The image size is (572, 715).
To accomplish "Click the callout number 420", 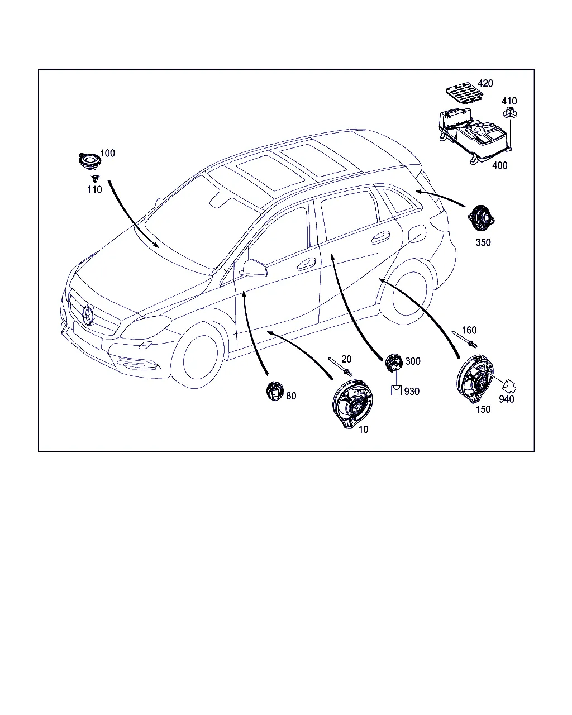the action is pyautogui.click(x=485, y=83).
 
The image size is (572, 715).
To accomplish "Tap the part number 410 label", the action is pyautogui.click(x=509, y=101).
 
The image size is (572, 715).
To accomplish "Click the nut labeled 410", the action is pyautogui.click(x=510, y=113).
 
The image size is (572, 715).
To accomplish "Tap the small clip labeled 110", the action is pyautogui.click(x=96, y=178).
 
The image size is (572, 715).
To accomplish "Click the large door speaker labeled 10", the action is pyautogui.click(x=352, y=404).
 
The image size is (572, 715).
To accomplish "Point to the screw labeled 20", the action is pyautogui.click(x=340, y=367).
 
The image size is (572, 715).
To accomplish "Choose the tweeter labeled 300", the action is pyautogui.click(x=394, y=363).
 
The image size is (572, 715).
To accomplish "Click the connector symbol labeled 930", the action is pyautogui.click(x=397, y=392).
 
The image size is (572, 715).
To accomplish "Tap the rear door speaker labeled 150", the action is pyautogui.click(x=475, y=379).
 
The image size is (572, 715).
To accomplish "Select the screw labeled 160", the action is pyautogui.click(x=465, y=340).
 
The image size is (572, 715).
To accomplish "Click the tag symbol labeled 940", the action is pyautogui.click(x=509, y=386).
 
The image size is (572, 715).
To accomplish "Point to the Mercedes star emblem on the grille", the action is pyautogui.click(x=88, y=314).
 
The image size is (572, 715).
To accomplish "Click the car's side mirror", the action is pyautogui.click(x=255, y=268).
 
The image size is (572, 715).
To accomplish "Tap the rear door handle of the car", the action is pyautogui.click(x=380, y=237).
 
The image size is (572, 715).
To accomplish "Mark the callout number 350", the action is pyautogui.click(x=483, y=242).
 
